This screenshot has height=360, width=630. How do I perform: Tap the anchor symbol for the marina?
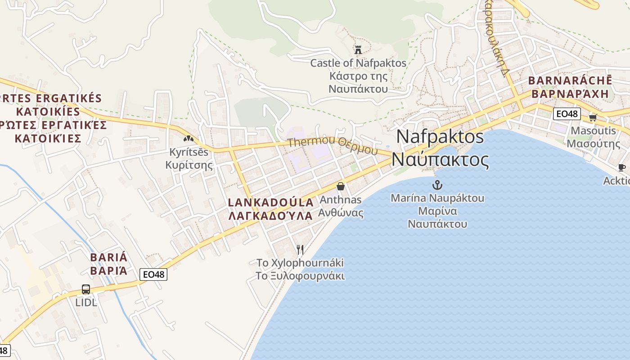436,184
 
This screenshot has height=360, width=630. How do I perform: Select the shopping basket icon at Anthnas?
341,186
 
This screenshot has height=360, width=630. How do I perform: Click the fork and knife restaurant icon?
300,249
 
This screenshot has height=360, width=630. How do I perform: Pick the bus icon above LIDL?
86,289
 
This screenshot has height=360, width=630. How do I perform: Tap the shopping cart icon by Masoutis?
593,117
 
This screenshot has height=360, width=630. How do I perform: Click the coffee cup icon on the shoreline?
621,168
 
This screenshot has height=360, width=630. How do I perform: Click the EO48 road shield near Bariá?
153,274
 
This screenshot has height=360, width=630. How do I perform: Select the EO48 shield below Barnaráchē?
567,114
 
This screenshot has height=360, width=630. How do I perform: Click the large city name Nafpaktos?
440,137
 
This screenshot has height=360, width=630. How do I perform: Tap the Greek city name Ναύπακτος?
440,160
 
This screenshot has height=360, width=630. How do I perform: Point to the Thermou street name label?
311,142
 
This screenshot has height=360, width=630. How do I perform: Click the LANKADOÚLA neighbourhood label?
270,202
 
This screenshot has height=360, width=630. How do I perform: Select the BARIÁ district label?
109,257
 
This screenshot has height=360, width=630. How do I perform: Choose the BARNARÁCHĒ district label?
570,81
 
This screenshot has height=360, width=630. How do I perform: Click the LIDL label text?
86,302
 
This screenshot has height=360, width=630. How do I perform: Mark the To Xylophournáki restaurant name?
300,262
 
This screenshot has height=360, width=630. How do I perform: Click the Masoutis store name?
593,130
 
